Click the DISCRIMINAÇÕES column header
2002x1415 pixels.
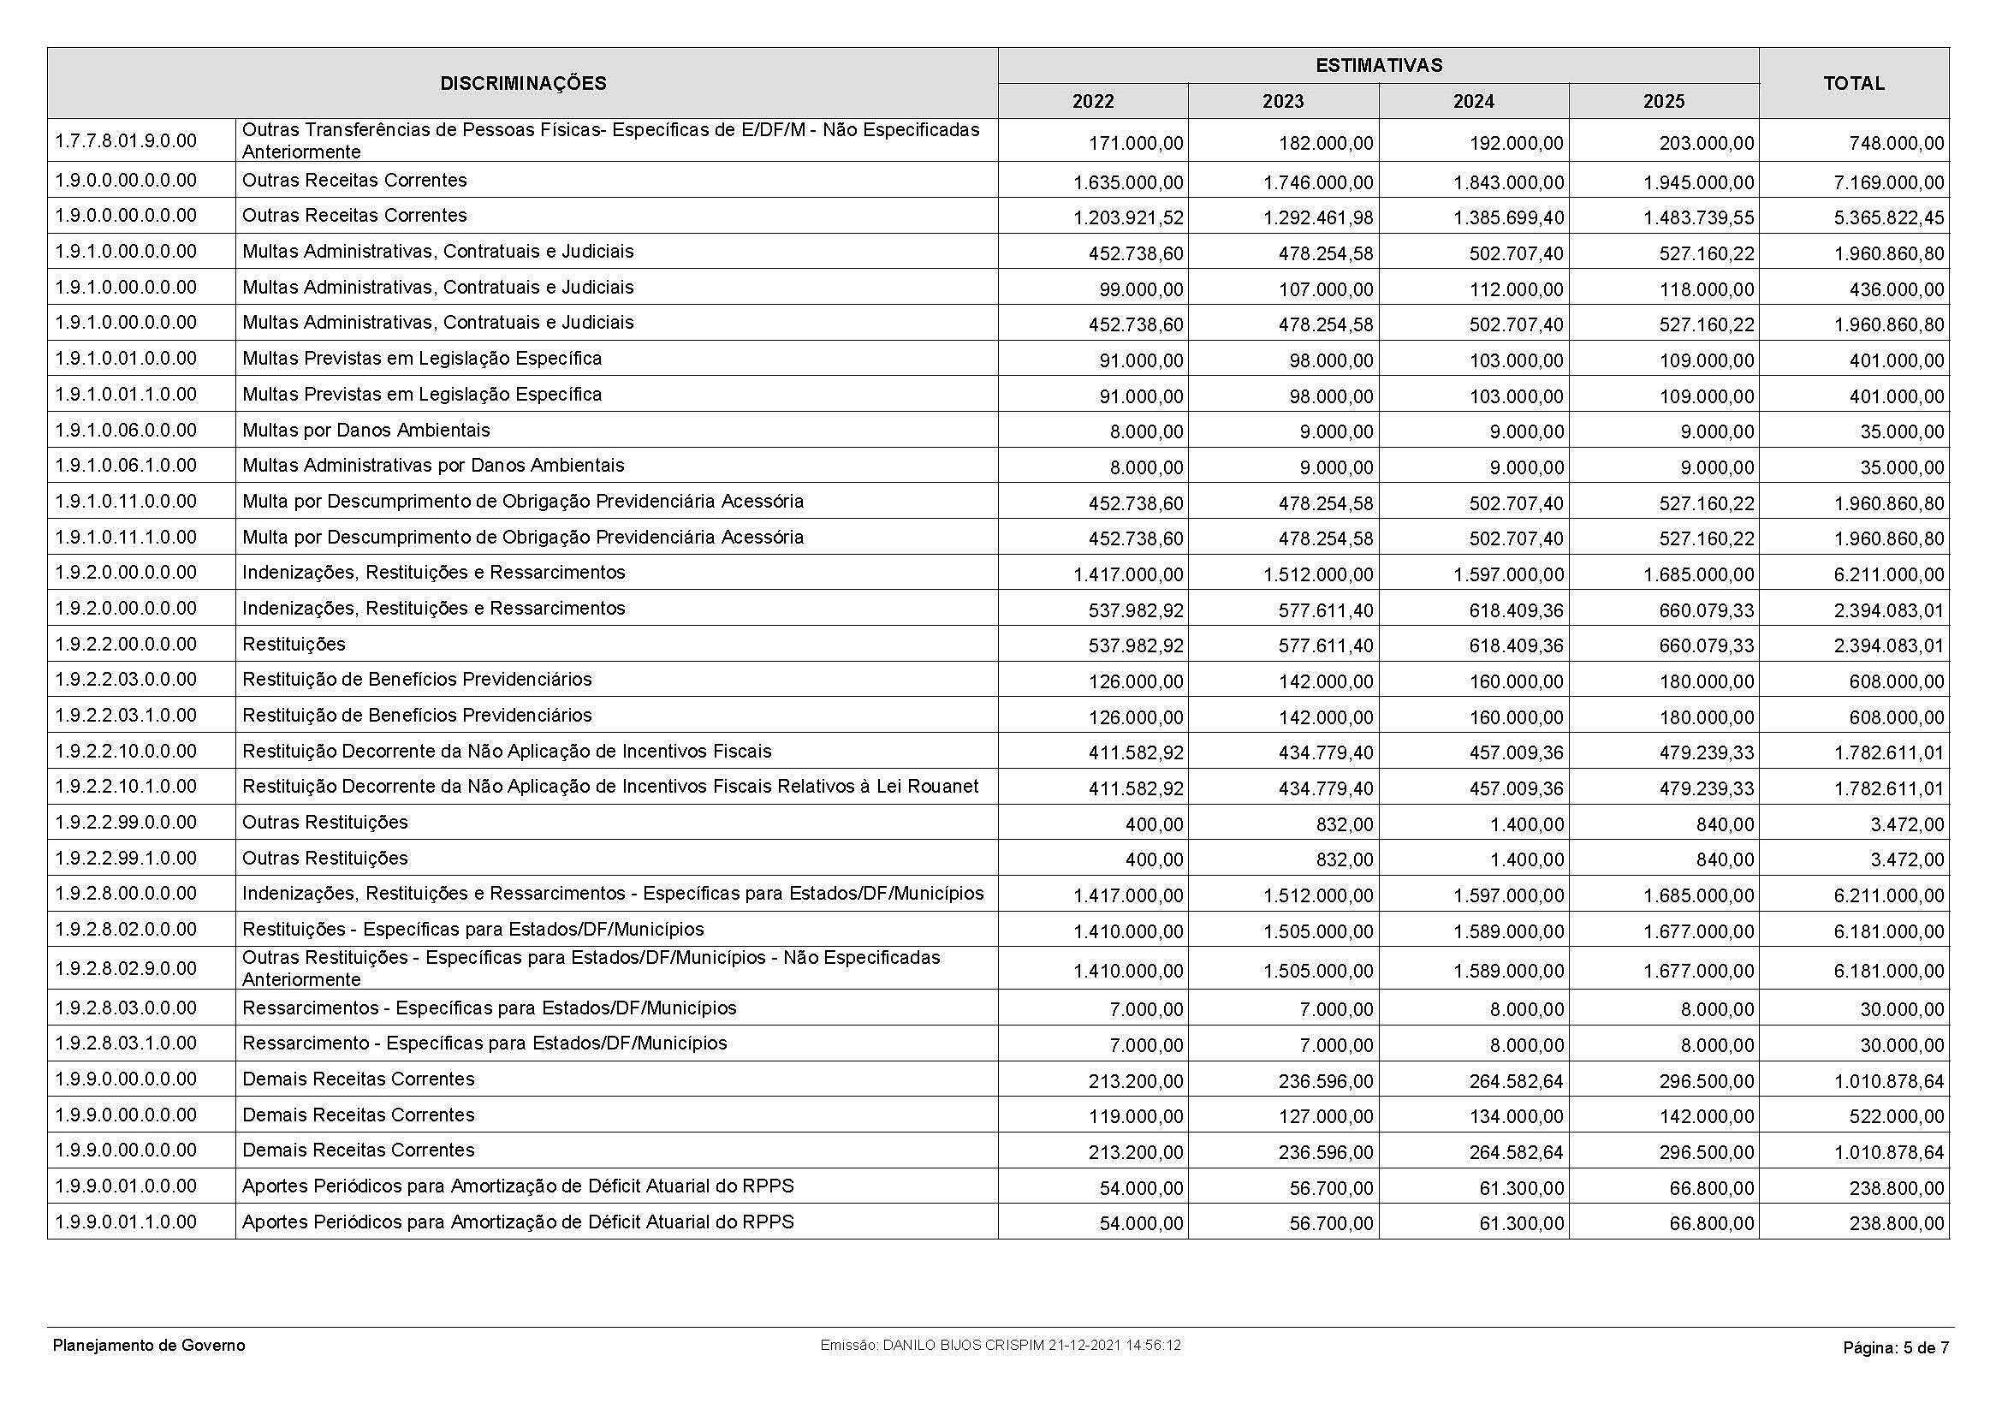[x=523, y=84]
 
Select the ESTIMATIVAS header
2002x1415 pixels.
[x=1379, y=65]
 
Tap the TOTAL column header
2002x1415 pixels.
[x=1854, y=84]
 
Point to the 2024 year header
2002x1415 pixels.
[x=1474, y=102]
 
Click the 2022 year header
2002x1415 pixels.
[x=1092, y=102]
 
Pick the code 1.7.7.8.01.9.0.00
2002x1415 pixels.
[x=126, y=140]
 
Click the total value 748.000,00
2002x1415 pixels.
[x=1897, y=143]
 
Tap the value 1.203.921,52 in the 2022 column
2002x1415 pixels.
[x=1128, y=218]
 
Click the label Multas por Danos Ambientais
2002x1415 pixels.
[x=366, y=430]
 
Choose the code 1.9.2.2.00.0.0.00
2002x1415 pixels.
[x=126, y=645]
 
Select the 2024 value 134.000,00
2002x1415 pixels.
[x=1517, y=1117]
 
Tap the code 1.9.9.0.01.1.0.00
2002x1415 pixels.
[x=126, y=1222]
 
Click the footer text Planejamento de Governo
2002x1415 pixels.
[x=149, y=1346]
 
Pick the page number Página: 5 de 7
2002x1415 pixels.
[x=1896, y=1347]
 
